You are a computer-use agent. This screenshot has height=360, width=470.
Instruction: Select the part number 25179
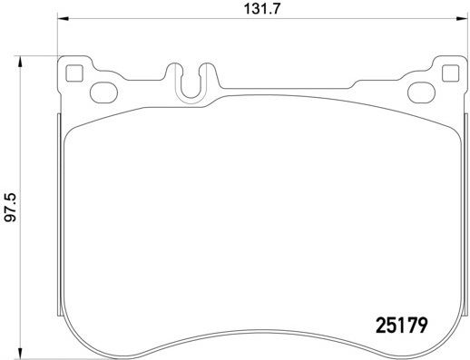coord(401,322)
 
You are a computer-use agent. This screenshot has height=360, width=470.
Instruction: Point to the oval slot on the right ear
coord(421,91)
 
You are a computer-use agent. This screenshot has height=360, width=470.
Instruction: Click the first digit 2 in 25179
coord(381,322)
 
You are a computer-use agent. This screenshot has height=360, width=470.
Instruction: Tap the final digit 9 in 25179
coord(422,322)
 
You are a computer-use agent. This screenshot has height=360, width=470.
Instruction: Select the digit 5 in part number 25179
coord(391,322)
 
